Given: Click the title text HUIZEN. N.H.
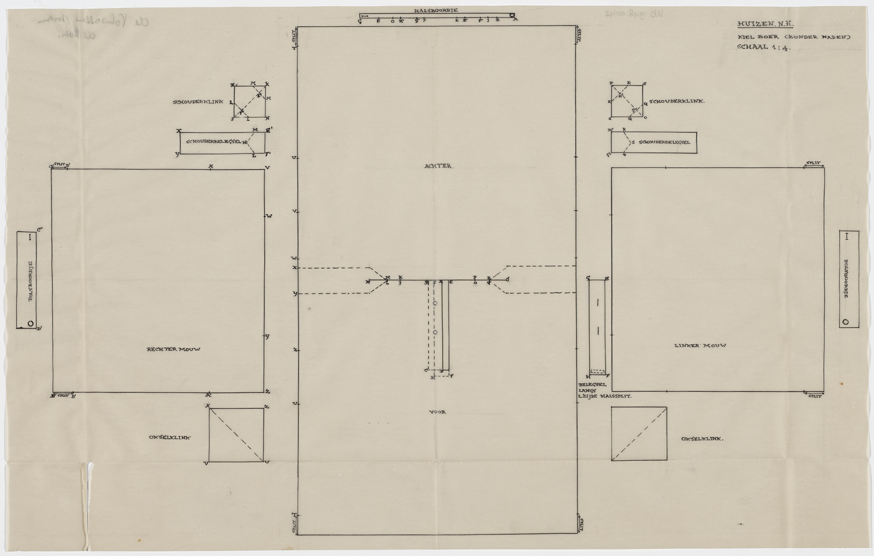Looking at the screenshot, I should [765, 24].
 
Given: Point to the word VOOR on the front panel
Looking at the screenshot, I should [438, 412].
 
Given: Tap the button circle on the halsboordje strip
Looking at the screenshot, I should [512, 15].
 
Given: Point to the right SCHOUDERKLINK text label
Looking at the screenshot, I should [677, 101].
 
